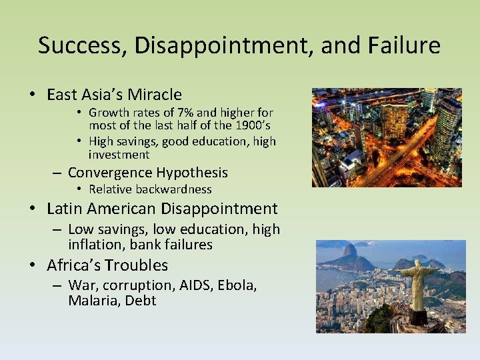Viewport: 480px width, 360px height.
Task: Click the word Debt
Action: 143,301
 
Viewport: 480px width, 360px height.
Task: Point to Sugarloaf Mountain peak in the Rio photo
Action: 349,251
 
